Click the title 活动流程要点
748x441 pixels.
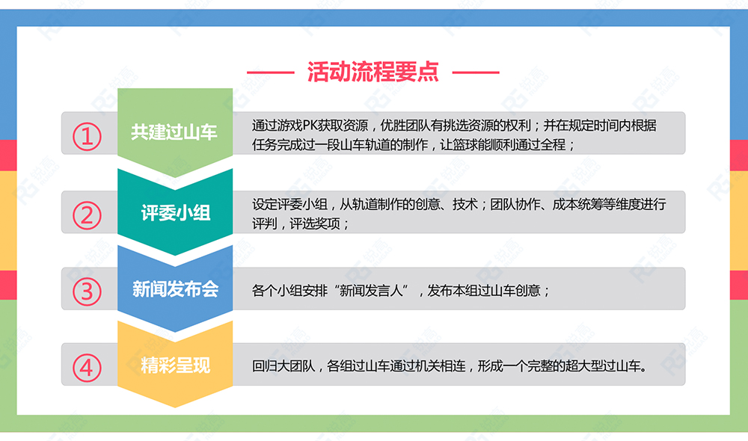[x=373, y=72]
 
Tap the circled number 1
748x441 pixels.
[x=87, y=137]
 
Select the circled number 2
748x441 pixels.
[x=87, y=215]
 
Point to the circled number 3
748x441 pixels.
[x=87, y=292]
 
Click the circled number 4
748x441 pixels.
[x=87, y=368]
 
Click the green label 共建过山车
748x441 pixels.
[x=174, y=132]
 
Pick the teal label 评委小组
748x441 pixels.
[x=176, y=212]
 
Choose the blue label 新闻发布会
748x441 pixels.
[x=175, y=289]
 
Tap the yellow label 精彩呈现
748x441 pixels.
[x=176, y=366]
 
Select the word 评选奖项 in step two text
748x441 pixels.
[x=315, y=223]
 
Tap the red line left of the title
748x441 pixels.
[x=271, y=73]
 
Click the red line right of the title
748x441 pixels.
[x=476, y=73]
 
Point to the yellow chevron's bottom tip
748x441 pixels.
[x=175, y=407]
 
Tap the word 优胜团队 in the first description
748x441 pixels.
[x=405, y=126]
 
